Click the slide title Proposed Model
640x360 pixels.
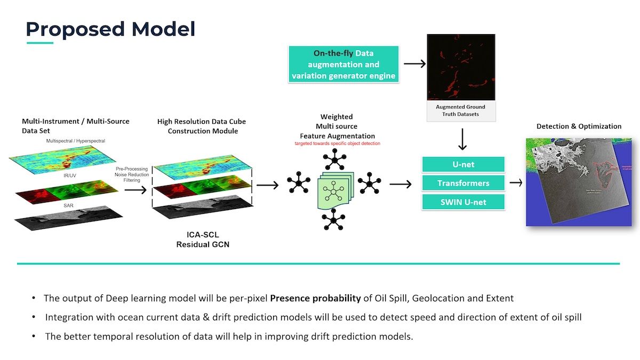tap(110, 29)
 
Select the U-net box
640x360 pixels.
tap(463, 164)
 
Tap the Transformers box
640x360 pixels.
tap(463, 183)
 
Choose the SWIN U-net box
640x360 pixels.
tap(463, 202)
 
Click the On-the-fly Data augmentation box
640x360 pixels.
tap(343, 65)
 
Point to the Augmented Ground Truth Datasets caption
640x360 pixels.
tap(461, 110)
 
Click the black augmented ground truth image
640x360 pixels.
tap(461, 67)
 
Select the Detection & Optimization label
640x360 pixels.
tap(579, 126)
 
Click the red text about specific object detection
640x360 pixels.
tap(337, 144)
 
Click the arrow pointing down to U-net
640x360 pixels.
tap(462, 139)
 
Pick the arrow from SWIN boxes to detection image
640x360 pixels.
tap(516, 183)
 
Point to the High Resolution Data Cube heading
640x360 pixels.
tap(202, 126)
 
